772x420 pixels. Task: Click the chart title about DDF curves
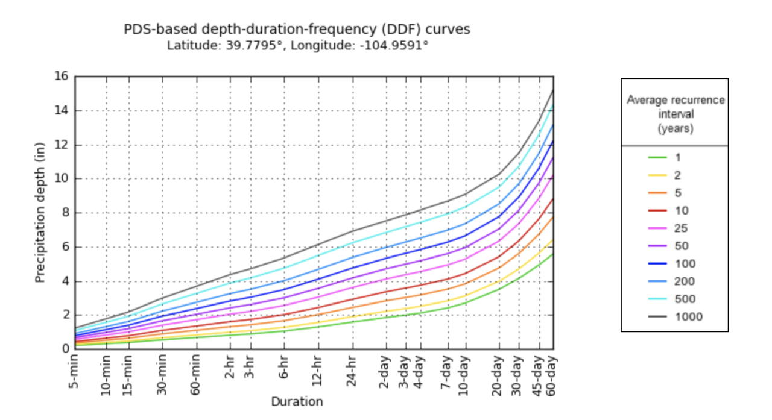coord(297,29)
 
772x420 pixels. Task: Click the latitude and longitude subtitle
coord(297,45)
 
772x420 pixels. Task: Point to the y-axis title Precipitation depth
coord(40,213)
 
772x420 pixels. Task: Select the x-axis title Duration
coord(297,401)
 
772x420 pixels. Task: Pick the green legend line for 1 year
coord(657,158)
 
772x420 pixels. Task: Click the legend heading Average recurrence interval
coord(675,114)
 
